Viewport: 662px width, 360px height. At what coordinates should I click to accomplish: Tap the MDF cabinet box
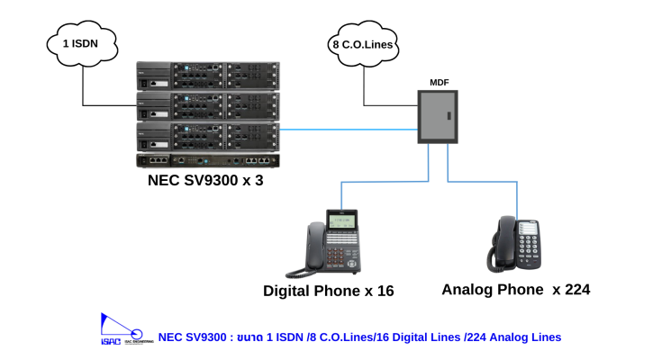coord(440,117)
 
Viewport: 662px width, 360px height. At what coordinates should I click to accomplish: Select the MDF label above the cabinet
coord(440,83)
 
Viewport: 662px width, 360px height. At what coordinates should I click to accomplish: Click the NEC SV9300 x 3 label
coord(205,181)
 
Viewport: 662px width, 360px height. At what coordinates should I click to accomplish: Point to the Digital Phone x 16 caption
coord(328,291)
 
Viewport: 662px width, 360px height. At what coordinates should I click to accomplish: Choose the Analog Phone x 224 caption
coord(515,289)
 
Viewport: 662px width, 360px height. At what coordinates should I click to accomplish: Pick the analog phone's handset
coord(501,240)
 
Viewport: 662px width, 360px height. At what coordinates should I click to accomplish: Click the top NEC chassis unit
coord(208,76)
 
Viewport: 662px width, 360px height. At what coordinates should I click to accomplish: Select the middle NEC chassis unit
coord(208,106)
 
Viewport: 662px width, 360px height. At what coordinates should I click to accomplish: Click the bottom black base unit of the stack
coord(208,161)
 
